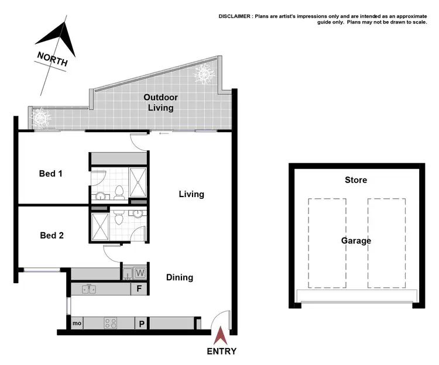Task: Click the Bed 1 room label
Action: coord(50,174)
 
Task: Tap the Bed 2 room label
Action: coord(51,236)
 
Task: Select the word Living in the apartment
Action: coord(191,194)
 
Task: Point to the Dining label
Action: coord(179,277)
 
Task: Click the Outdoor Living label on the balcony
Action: coord(160,102)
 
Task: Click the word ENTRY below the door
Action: coord(221,351)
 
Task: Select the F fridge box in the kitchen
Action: coord(139,289)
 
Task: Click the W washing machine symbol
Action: coord(140,272)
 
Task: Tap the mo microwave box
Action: coord(77,323)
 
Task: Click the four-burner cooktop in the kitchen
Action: coord(111,323)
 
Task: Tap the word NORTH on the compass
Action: coord(52,58)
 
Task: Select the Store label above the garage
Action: coord(356,180)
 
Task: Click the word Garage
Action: coord(356,240)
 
